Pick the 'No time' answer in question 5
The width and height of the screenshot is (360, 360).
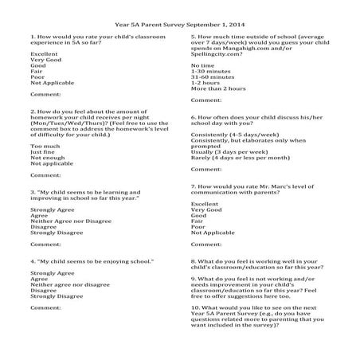click(202, 65)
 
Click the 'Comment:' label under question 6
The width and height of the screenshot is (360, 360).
click(206, 169)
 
